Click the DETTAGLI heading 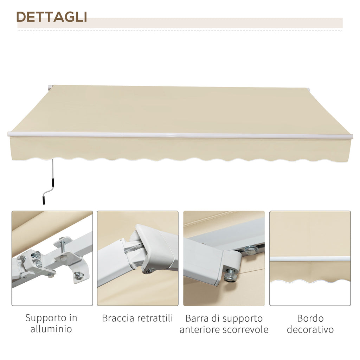(x=52, y=17)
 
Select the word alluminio (x=51, y=329)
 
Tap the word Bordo (x=310, y=319)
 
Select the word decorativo (x=310, y=329)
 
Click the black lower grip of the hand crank (x=43, y=200)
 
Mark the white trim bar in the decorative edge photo (x=310, y=259)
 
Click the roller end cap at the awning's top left (x=50, y=88)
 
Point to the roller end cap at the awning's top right (x=308, y=89)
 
